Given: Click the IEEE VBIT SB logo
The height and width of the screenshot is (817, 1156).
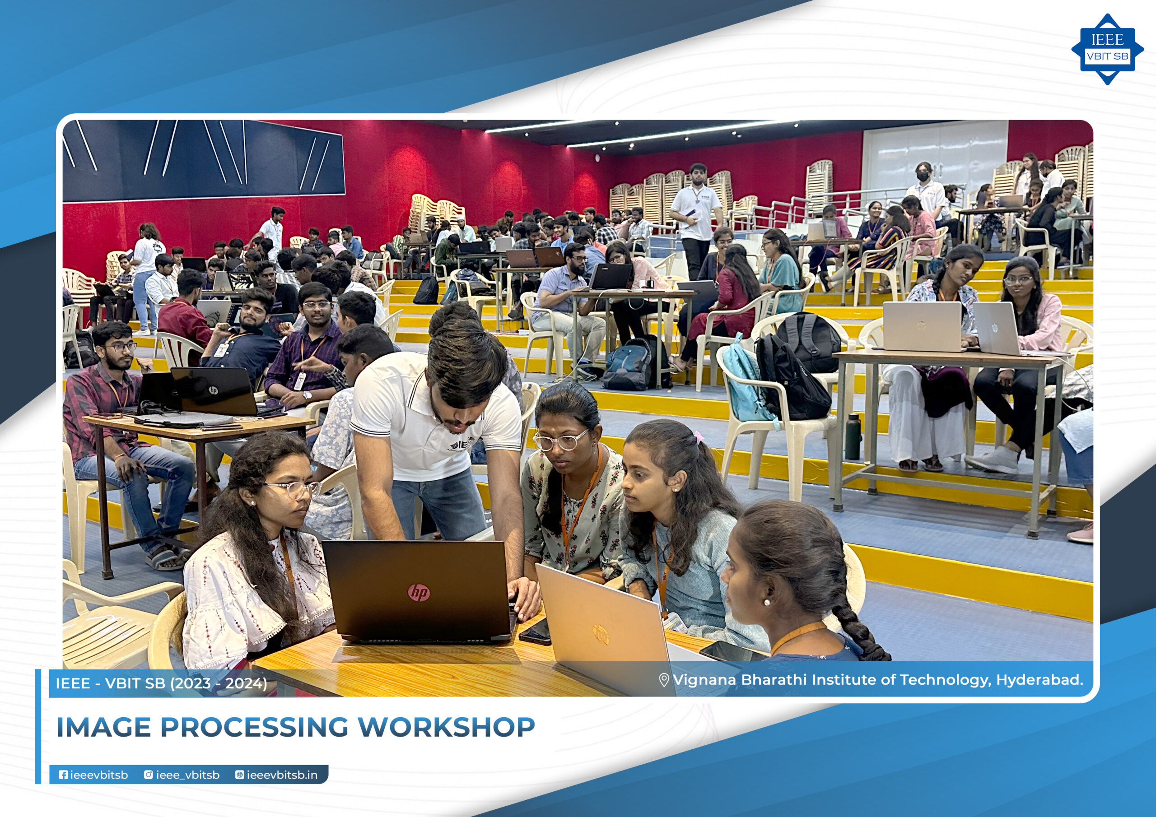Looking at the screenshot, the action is (x=1107, y=49).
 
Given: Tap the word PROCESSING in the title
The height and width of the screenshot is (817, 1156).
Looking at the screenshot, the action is (x=254, y=727).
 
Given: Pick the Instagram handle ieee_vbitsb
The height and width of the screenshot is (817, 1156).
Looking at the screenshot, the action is (x=182, y=775).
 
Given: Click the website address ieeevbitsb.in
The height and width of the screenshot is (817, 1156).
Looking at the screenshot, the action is (x=276, y=775).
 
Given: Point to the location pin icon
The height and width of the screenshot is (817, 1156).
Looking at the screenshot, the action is (x=664, y=680).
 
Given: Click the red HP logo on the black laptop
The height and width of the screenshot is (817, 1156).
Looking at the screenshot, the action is (x=419, y=593).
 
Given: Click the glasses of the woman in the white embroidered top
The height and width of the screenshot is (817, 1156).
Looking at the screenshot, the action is (x=293, y=488).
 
